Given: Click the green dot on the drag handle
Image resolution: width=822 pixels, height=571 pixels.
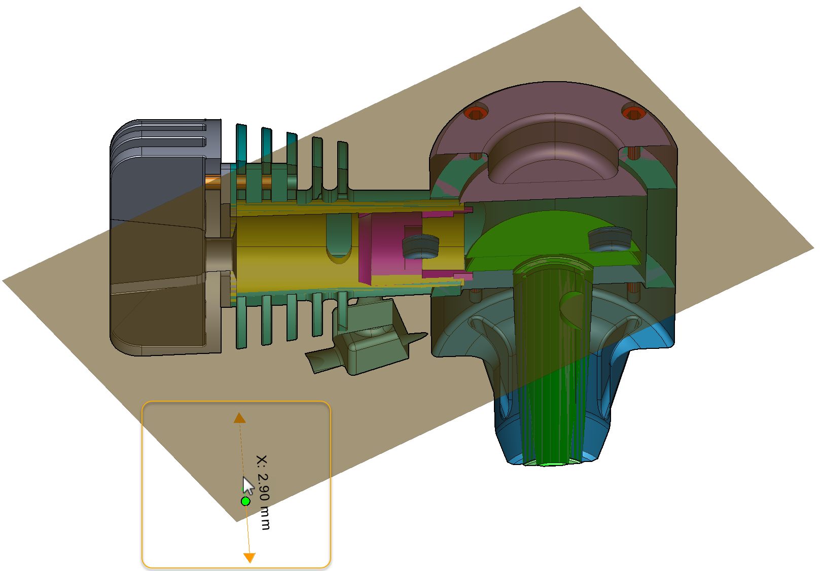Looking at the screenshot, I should (x=245, y=501).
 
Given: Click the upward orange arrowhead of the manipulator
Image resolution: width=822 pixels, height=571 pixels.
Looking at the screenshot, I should (x=239, y=418).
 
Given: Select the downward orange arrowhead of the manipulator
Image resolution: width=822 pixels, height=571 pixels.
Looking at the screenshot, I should (x=249, y=557).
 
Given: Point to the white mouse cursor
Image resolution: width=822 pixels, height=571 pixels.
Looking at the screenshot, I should (x=247, y=486).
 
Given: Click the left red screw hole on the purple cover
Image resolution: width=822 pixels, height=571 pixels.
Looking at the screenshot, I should (x=476, y=113).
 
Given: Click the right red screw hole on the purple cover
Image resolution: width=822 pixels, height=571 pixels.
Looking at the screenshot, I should (x=633, y=112).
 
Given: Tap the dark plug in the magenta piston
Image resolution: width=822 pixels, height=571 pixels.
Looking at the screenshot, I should (x=420, y=245).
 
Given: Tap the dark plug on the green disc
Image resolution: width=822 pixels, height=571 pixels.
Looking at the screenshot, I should (x=609, y=238).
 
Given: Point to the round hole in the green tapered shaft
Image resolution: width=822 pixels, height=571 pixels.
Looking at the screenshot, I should (x=573, y=307).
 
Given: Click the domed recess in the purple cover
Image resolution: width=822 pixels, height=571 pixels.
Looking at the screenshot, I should (x=553, y=147).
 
